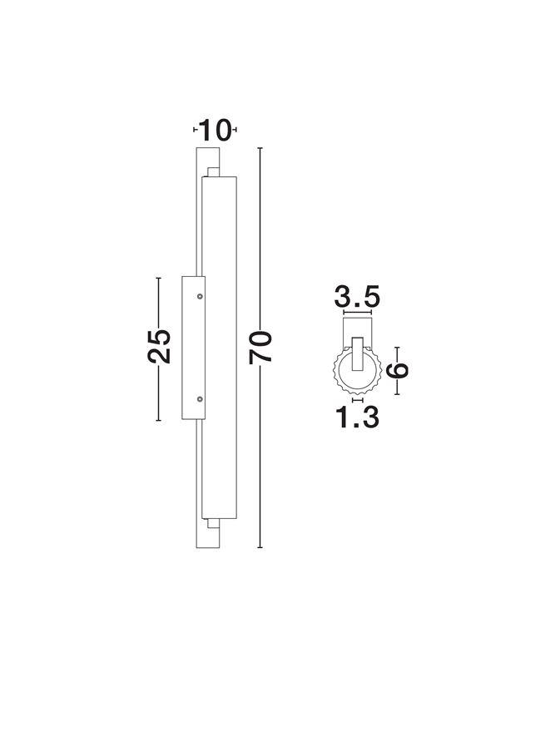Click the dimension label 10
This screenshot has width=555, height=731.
click(215, 130)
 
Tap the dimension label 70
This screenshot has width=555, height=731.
click(260, 348)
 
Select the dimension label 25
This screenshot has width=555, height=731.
click(159, 347)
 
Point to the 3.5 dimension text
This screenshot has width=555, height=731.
click(357, 297)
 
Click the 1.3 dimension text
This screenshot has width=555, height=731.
click(357, 417)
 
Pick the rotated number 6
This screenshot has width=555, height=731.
click(398, 370)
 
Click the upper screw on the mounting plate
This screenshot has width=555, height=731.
click(200, 296)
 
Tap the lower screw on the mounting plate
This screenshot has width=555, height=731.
click(200, 398)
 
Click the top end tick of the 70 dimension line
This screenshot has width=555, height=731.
click(260, 148)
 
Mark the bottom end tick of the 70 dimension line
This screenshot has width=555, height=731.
click(260, 547)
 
